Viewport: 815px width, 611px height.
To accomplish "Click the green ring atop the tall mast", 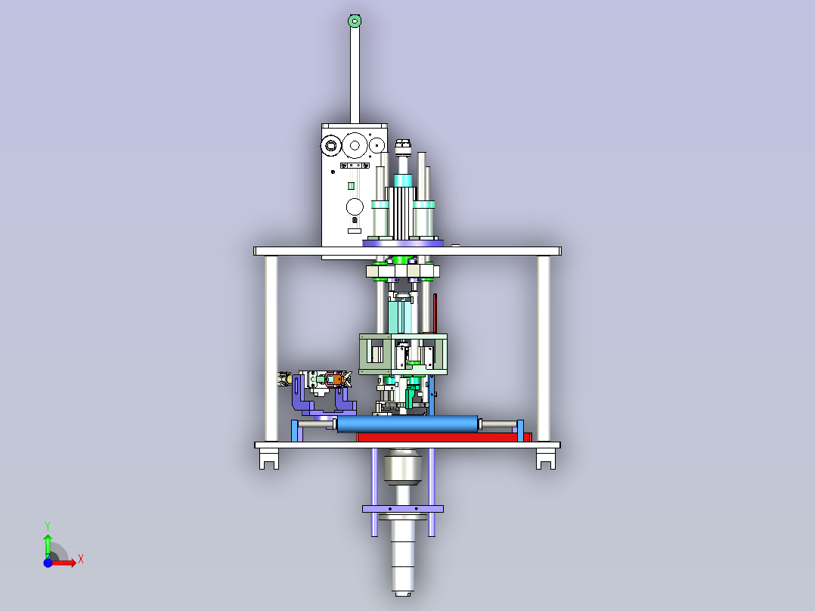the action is click(x=355, y=21).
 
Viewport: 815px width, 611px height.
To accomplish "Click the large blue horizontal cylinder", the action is click(x=407, y=423).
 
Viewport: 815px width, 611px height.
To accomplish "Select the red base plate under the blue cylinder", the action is click(x=445, y=437).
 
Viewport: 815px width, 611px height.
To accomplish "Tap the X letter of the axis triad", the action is click(x=81, y=560).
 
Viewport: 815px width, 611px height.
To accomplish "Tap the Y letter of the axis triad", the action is click(x=48, y=526).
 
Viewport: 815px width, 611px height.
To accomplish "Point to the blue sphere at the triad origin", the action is click(x=48, y=563).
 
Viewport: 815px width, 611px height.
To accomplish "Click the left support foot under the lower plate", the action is click(x=269, y=459).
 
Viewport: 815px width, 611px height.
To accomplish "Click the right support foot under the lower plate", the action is click(x=546, y=459).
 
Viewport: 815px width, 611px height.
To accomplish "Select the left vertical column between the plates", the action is click(x=271, y=349).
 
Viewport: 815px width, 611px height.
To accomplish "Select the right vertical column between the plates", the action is click(x=544, y=349).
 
